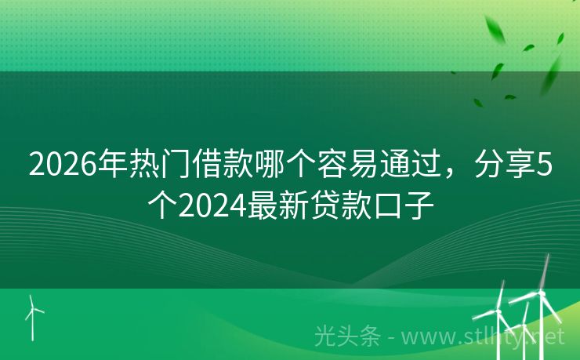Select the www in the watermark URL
[427, 338]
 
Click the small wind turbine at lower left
[34, 314]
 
